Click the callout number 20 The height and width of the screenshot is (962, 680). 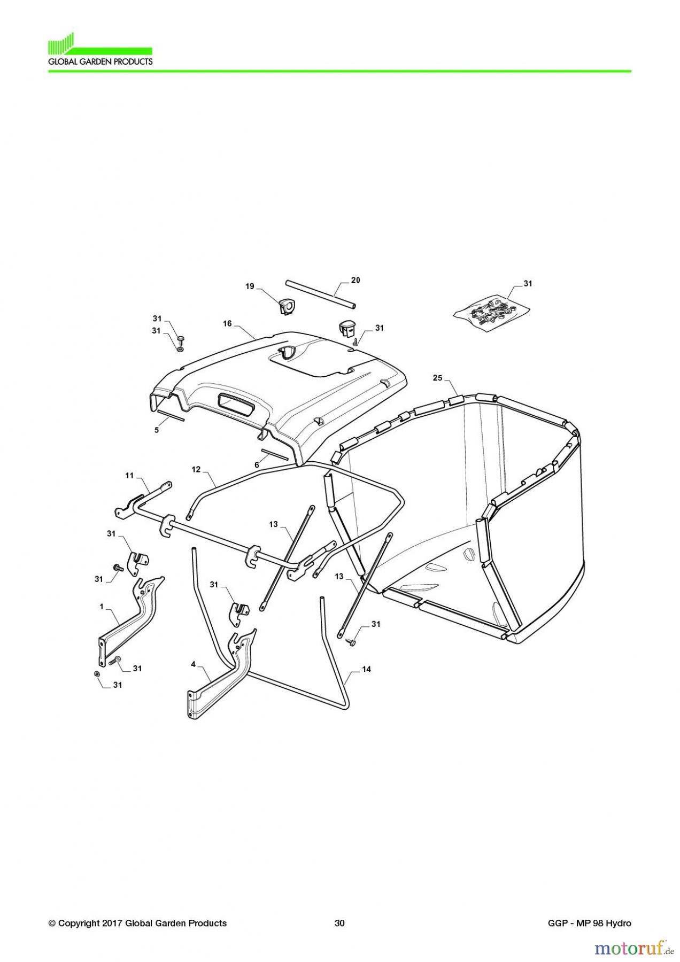click(356, 280)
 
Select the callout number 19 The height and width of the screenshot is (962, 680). click(250, 286)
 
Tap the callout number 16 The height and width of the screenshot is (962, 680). click(228, 324)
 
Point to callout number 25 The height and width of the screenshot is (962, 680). click(438, 378)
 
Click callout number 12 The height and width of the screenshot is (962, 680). click(196, 469)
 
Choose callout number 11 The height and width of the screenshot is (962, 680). click(129, 475)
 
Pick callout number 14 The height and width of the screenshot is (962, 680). click(366, 669)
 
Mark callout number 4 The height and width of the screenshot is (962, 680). click(193, 664)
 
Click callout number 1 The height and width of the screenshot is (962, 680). click(101, 607)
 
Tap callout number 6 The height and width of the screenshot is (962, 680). click(257, 465)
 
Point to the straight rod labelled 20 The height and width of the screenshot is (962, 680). click(321, 293)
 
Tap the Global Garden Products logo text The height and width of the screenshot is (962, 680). click(101, 61)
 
